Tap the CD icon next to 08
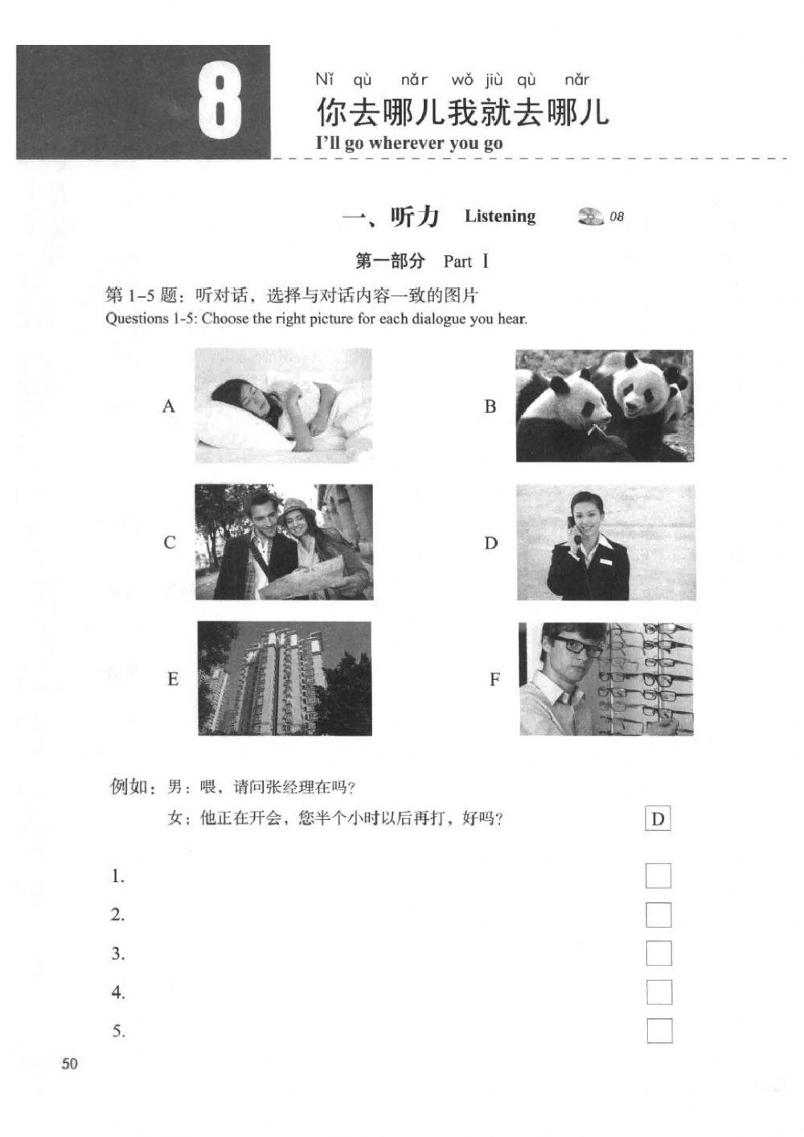click(590, 216)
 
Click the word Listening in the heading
click(499, 216)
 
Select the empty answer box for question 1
click(658, 875)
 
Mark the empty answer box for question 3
click(658, 954)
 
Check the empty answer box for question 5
click(658, 1031)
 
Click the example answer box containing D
click(658, 819)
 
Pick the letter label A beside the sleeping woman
click(168, 406)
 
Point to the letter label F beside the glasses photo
click(494, 680)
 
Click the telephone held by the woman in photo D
click(573, 523)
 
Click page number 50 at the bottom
click(70, 1064)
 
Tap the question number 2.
click(118, 915)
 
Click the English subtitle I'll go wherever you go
click(409, 143)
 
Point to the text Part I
click(466, 262)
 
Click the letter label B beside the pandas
click(490, 406)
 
